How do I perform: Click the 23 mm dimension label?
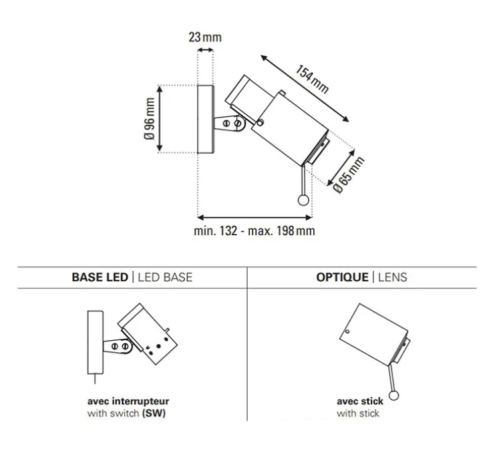click(204, 37)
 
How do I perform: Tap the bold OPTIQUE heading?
click(341, 277)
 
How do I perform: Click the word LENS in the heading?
click(391, 277)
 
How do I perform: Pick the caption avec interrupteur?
click(128, 402)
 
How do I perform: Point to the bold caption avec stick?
click(359, 402)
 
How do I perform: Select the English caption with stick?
click(358, 414)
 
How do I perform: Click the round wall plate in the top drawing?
click(205, 120)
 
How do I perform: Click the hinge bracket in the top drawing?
click(233, 123)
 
